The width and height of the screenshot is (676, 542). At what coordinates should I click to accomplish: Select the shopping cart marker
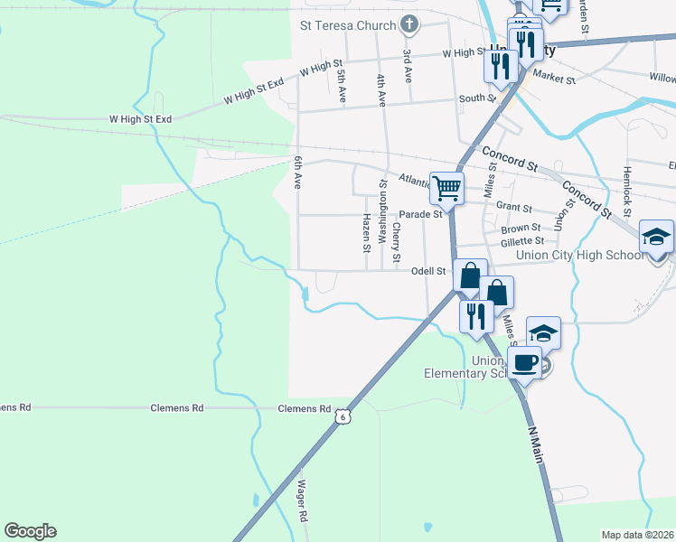(x=446, y=188)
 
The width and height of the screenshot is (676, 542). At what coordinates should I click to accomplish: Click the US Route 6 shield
(x=341, y=415)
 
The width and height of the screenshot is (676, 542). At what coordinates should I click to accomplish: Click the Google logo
(x=30, y=531)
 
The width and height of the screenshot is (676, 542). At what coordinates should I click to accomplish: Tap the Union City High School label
(x=580, y=256)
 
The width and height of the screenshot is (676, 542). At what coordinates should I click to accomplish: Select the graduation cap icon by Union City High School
(x=656, y=237)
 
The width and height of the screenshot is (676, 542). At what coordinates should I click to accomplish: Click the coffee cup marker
(x=526, y=362)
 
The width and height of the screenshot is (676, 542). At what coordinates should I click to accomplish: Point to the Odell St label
(x=428, y=271)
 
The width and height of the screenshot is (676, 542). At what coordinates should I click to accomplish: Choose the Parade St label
(x=421, y=215)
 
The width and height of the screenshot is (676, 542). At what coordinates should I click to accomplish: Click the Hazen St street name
(x=366, y=233)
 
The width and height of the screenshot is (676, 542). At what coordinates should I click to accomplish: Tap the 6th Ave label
(x=296, y=173)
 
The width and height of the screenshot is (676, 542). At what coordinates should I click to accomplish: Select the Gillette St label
(x=522, y=241)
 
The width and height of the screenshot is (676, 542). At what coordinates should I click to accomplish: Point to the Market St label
(x=553, y=79)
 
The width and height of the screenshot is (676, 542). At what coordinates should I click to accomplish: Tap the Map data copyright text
(x=637, y=535)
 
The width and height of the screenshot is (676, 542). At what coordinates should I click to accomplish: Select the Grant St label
(x=513, y=208)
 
